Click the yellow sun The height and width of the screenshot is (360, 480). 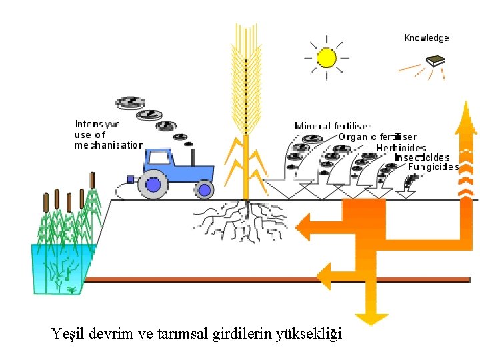tap(327, 57)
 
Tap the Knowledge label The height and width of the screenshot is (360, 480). tap(427, 38)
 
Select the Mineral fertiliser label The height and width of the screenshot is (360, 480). tap(333, 126)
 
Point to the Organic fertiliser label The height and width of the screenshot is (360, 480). tap(377, 137)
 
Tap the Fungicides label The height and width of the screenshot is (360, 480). tap(433, 167)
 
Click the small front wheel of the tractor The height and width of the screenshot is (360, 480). tap(203, 190)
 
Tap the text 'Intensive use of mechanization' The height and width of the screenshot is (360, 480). tap(108, 135)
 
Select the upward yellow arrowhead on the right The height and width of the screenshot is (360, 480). tap(465, 117)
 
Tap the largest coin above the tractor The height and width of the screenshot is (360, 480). tap(130, 103)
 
